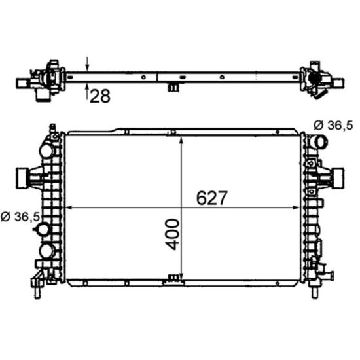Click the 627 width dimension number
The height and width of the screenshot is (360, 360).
[211, 198]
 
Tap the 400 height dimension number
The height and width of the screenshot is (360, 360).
[172, 234]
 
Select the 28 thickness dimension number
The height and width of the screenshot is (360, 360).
[100, 96]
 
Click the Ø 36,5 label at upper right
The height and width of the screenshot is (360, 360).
[333, 126]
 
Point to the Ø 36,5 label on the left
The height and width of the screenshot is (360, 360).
[20, 217]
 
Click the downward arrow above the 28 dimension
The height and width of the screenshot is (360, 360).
[87, 64]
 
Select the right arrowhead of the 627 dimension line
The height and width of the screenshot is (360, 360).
[297, 207]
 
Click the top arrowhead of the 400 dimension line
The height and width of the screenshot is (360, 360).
[181, 140]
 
